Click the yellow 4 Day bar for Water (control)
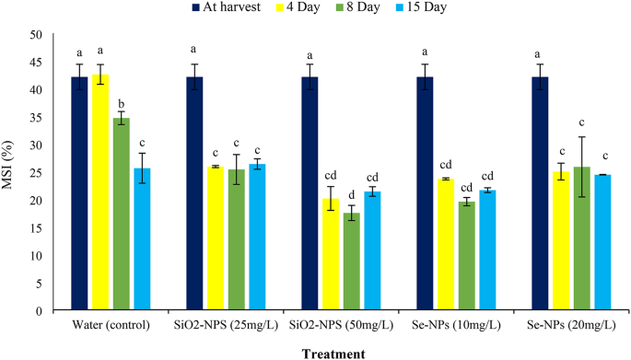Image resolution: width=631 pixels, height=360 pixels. click(x=101, y=193)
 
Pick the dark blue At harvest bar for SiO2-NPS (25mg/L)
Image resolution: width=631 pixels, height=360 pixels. click(x=195, y=194)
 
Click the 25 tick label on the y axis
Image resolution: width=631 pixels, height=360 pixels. click(x=36, y=173)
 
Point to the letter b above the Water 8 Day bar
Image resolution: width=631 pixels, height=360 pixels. click(x=123, y=103)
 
